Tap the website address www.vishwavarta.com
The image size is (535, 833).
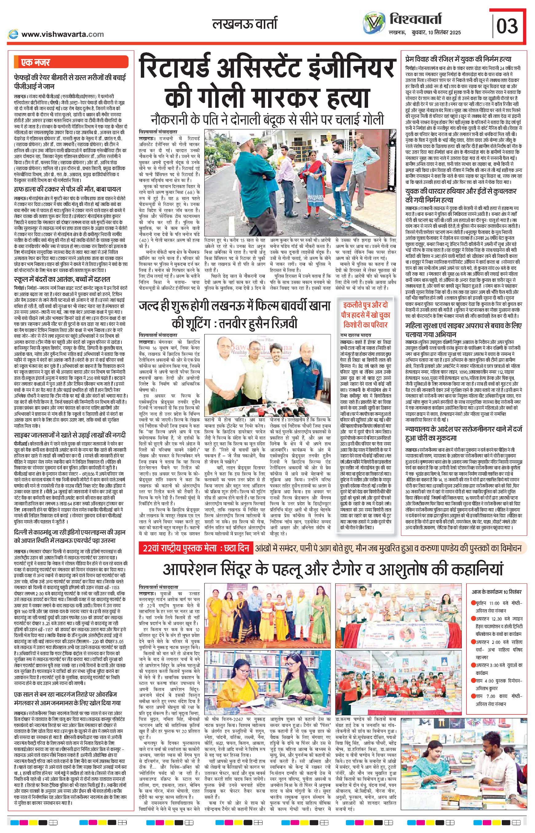62,34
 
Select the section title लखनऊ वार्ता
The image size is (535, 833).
245,25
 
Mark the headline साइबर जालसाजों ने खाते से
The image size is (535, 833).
69,435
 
